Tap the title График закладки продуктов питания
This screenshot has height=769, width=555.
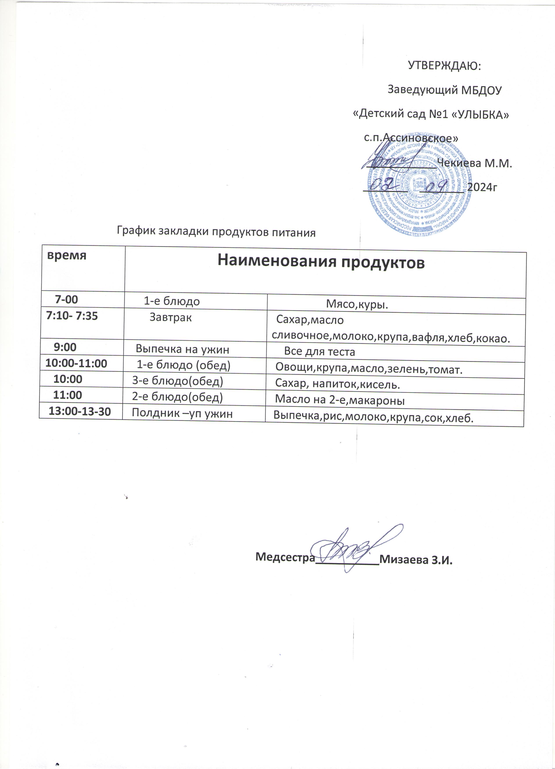[216, 232]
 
